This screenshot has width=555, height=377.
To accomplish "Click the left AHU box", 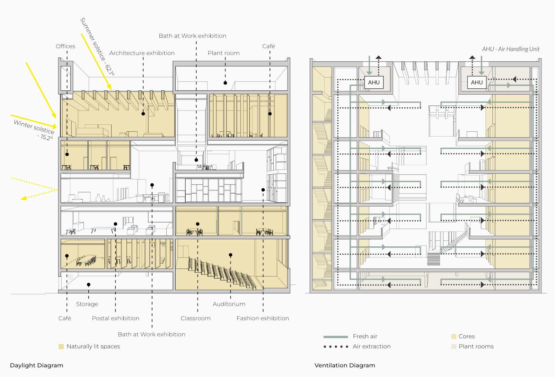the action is tap(374, 82).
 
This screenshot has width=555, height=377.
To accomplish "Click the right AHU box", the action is tap(477, 82).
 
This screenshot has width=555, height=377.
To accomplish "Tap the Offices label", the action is tap(65, 46).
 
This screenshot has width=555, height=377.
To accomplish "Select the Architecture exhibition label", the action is tap(142, 53).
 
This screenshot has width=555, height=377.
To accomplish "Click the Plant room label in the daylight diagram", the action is tap(223, 53).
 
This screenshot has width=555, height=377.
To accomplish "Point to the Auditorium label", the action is tap(229, 304).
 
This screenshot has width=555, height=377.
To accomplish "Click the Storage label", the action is tap(87, 304).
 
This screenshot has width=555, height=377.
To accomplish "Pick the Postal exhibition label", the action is tap(115, 318).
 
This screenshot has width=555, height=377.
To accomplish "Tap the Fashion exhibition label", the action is tap(263, 318).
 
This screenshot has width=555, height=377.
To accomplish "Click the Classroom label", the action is tap(195, 318).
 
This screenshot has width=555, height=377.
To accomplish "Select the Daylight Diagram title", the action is tap(36, 365).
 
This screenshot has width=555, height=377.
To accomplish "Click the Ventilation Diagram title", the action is tap(345, 365).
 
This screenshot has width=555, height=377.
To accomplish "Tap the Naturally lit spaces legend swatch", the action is tap(61, 347).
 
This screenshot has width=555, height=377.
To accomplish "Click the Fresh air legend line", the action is tap(335, 336).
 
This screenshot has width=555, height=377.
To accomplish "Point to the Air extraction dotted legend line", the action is tap(335, 347).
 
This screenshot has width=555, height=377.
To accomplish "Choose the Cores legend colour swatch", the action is tap(454, 336).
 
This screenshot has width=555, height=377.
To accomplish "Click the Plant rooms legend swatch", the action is tap(454, 347).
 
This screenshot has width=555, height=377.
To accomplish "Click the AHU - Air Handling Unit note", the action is tap(511, 49).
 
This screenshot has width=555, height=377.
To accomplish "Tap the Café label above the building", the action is tap(268, 46).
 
